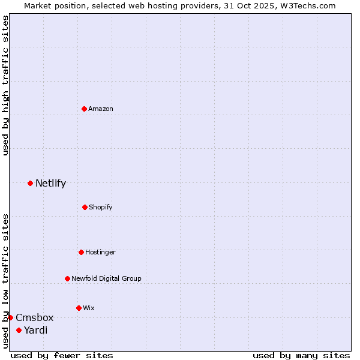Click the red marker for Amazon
85,109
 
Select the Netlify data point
30,183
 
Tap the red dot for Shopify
85,207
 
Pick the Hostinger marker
81,252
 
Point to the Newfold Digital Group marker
67,278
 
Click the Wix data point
79,308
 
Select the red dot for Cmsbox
10,317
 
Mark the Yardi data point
19,330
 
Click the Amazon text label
101,109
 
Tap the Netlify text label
50,183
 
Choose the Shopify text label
101,207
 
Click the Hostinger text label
100,252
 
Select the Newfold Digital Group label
106,278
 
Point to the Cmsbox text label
34,317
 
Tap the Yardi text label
35,330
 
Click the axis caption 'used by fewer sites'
62,355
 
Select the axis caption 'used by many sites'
301,355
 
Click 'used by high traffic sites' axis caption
5,85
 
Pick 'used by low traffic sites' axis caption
5,280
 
